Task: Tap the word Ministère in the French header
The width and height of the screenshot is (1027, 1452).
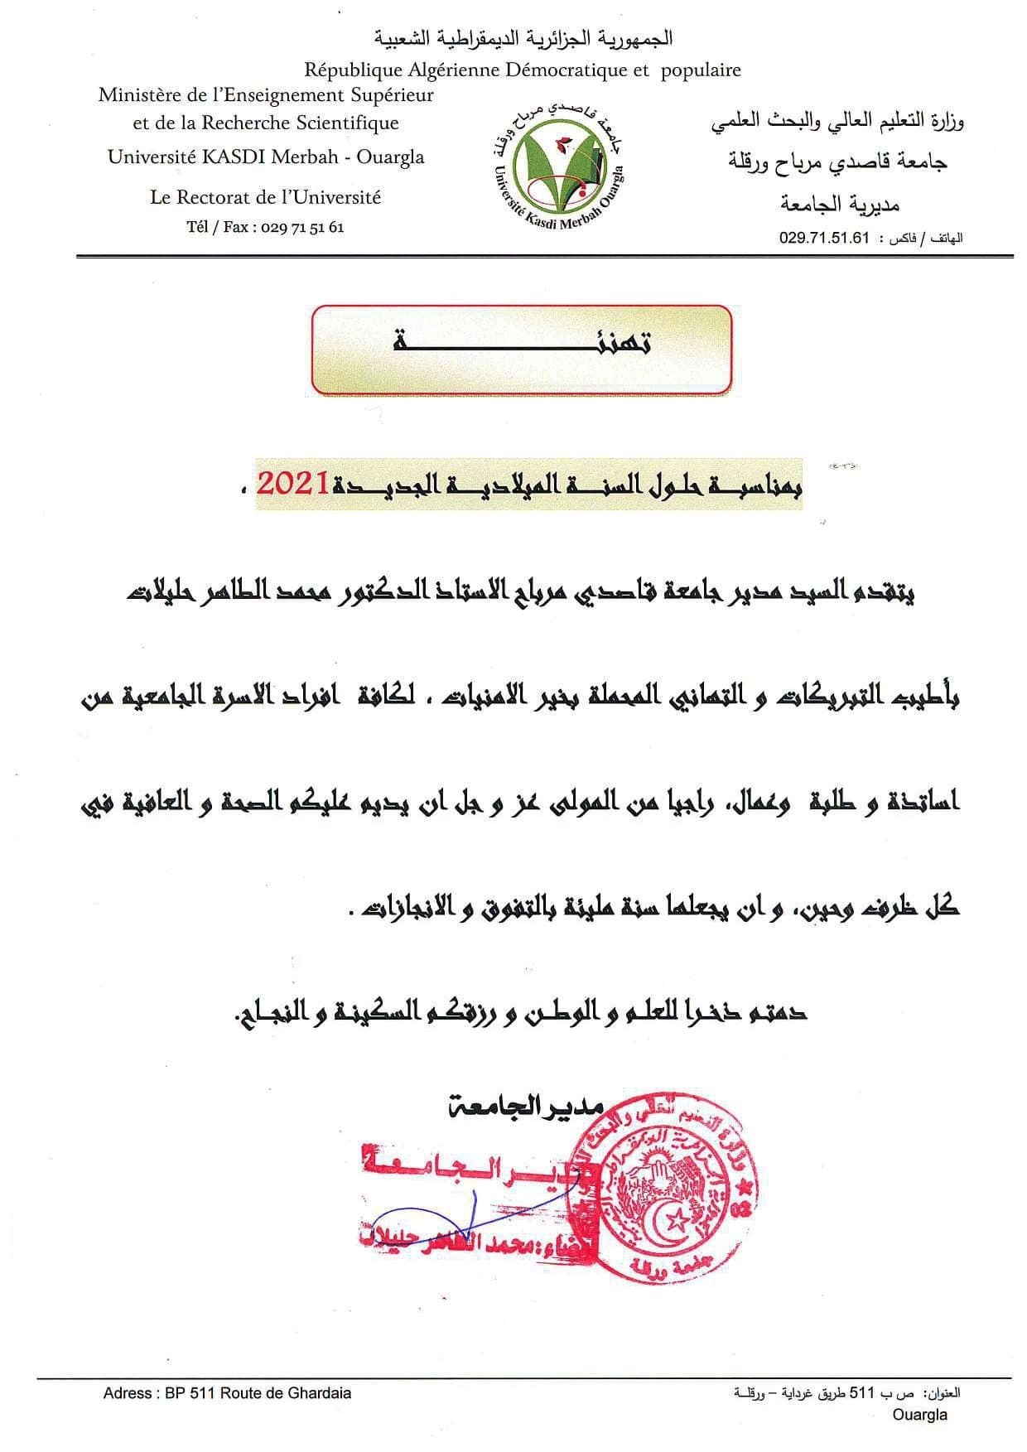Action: tap(137, 94)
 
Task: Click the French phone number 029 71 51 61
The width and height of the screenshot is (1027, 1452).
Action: tap(301, 226)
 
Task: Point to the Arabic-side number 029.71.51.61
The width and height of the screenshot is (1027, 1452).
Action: tap(824, 238)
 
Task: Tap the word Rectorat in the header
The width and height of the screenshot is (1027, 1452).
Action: tap(214, 197)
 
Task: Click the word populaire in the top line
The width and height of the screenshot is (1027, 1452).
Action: tap(701, 70)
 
